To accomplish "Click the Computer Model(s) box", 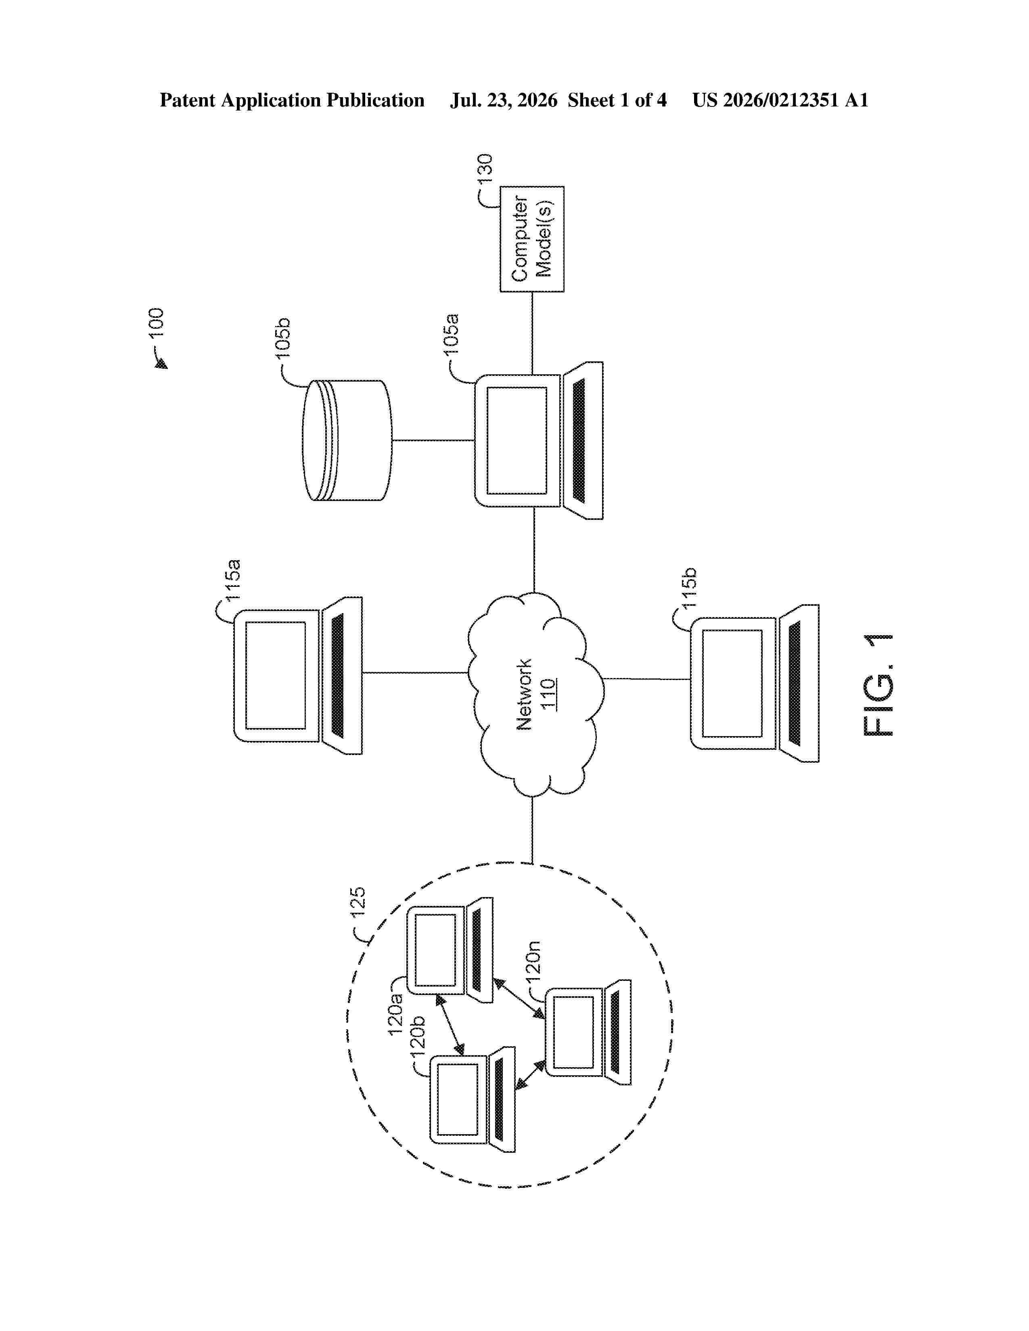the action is pos(531,239).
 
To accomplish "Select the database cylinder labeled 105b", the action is pos(347,440).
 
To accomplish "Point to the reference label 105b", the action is pos(282,338).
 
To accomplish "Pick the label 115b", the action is pos(688,588).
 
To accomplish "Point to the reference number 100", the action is pos(156,322).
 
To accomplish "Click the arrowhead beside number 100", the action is pos(161,364).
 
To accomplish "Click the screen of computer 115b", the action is pos(732,683).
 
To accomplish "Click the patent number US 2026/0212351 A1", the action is pos(780,100).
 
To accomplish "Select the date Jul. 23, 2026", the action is pos(504,100).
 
